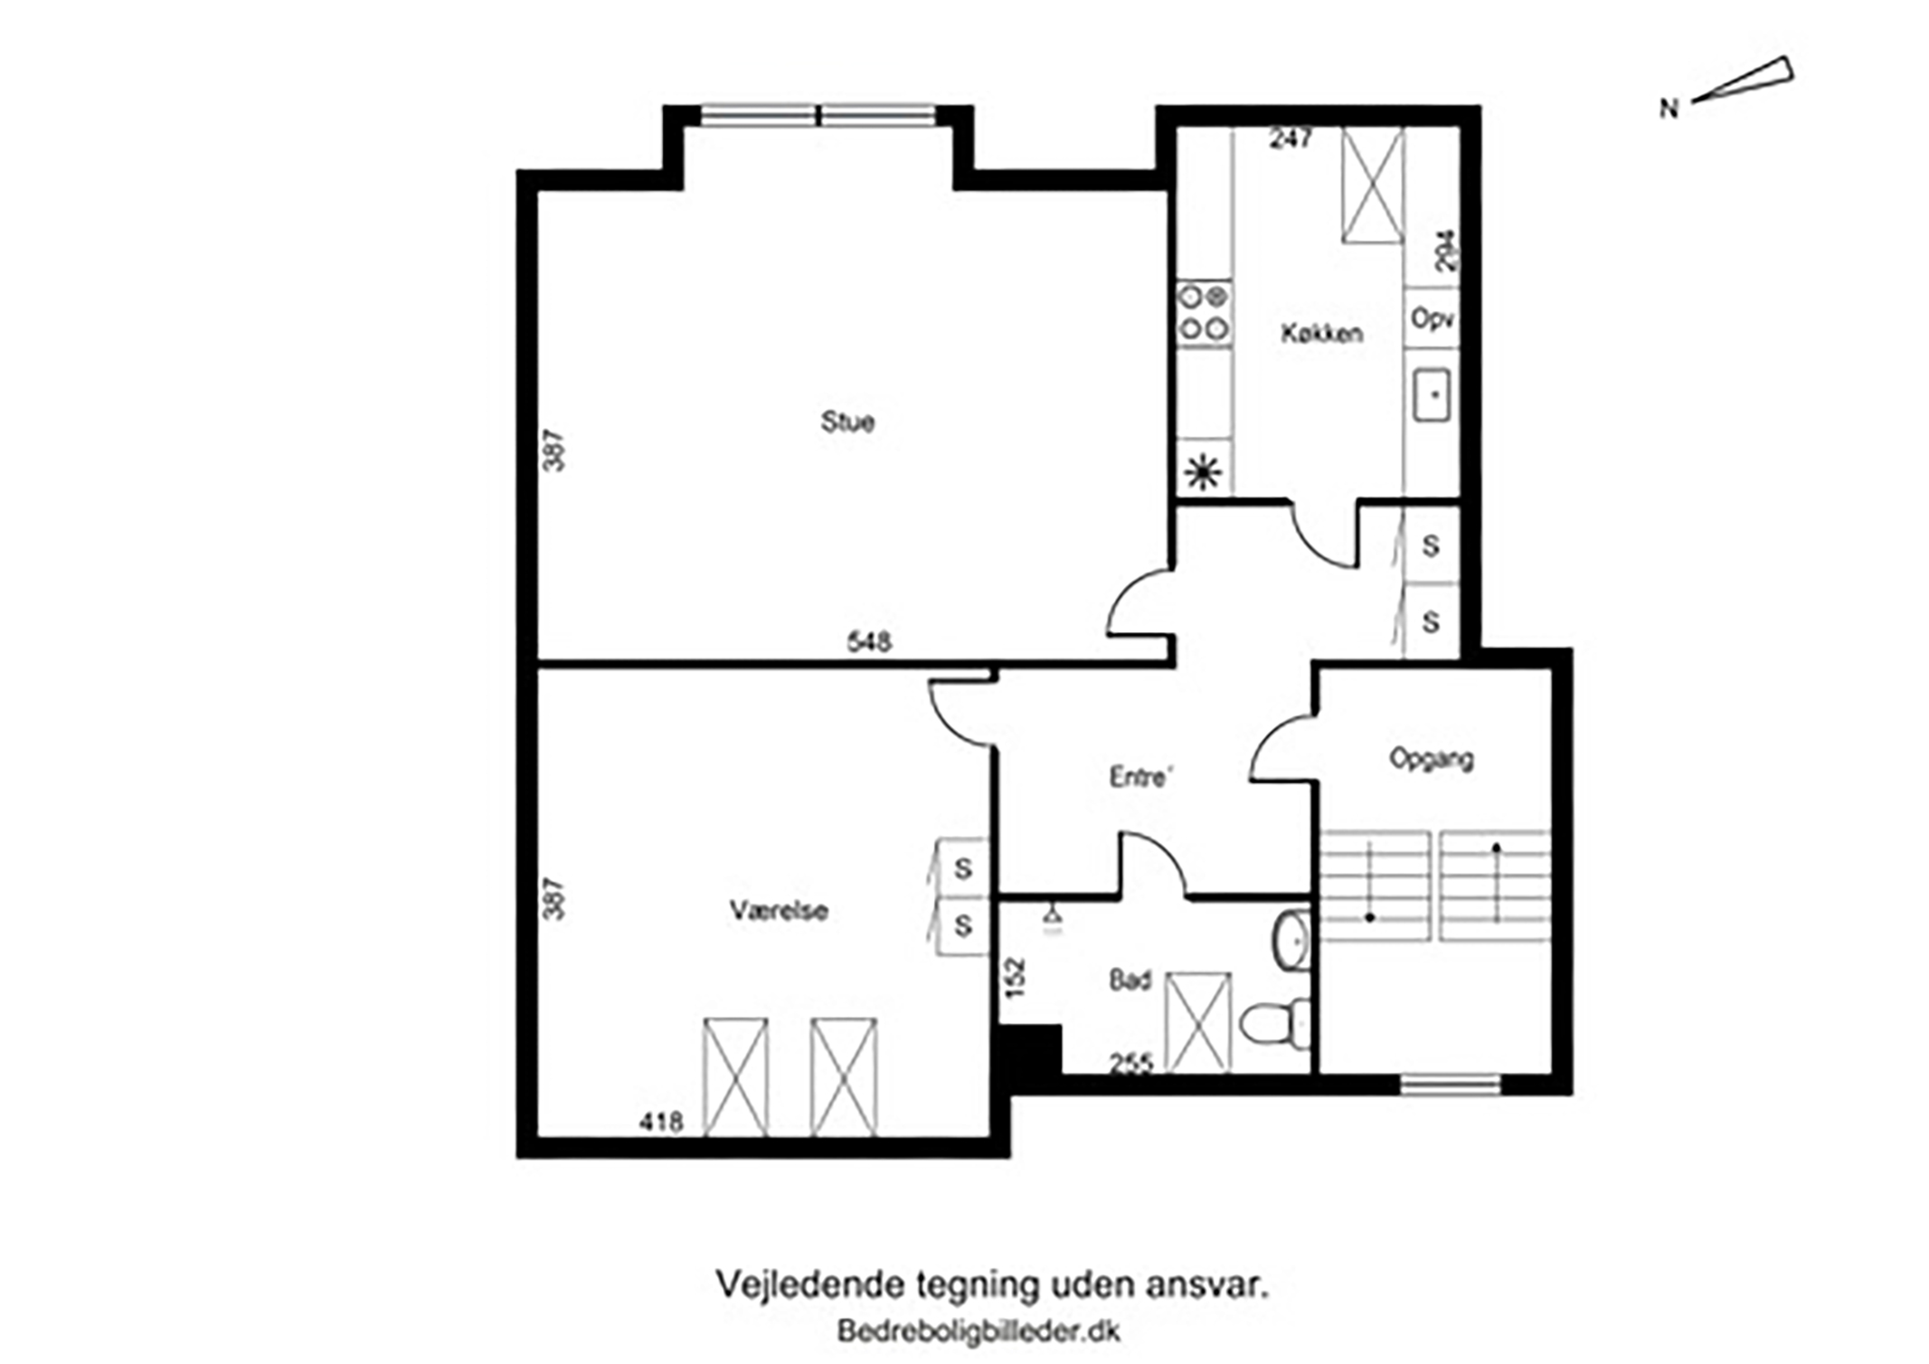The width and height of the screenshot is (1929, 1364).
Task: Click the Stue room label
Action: (x=847, y=422)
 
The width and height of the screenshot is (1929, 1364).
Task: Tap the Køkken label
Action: (x=1321, y=333)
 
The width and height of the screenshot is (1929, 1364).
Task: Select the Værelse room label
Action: (x=779, y=910)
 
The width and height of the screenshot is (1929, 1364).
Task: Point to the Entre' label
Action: (x=1141, y=776)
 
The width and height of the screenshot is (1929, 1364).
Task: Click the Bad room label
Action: (x=1130, y=980)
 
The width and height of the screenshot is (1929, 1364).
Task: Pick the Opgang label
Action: (x=1432, y=758)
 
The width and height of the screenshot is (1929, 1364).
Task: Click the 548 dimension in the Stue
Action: (x=869, y=641)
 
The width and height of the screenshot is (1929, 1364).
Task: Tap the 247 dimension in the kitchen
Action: (x=1291, y=138)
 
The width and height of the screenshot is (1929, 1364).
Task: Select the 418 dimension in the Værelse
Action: (x=661, y=1122)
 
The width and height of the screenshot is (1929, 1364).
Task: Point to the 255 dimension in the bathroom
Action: (x=1131, y=1064)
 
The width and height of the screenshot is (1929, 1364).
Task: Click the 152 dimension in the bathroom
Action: (x=1017, y=978)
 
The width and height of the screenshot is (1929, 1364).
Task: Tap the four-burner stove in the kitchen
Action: (x=1205, y=313)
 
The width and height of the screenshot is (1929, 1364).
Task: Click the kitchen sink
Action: (x=1433, y=394)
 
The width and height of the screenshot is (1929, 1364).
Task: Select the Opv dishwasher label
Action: (x=1433, y=319)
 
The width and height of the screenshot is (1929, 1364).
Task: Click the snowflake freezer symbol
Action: (x=1204, y=472)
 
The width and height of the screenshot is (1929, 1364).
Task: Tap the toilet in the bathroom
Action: (x=1274, y=1023)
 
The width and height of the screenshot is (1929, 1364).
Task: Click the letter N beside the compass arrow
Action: (x=1669, y=109)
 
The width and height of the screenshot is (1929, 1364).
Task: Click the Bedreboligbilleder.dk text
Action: (x=979, y=1331)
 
